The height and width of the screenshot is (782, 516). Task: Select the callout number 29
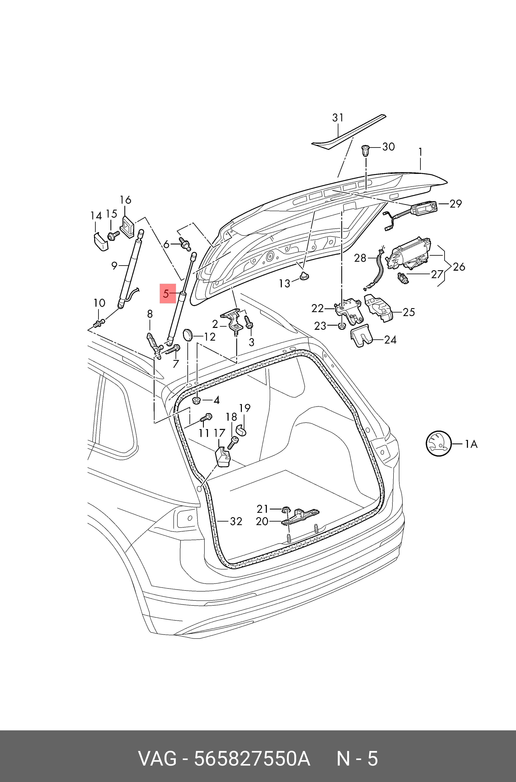point(456,204)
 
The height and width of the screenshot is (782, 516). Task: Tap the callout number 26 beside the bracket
point(459,266)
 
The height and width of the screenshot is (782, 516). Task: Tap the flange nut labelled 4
point(197,400)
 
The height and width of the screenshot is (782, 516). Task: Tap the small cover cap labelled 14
point(99,242)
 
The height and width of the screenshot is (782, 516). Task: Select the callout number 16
point(125,200)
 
